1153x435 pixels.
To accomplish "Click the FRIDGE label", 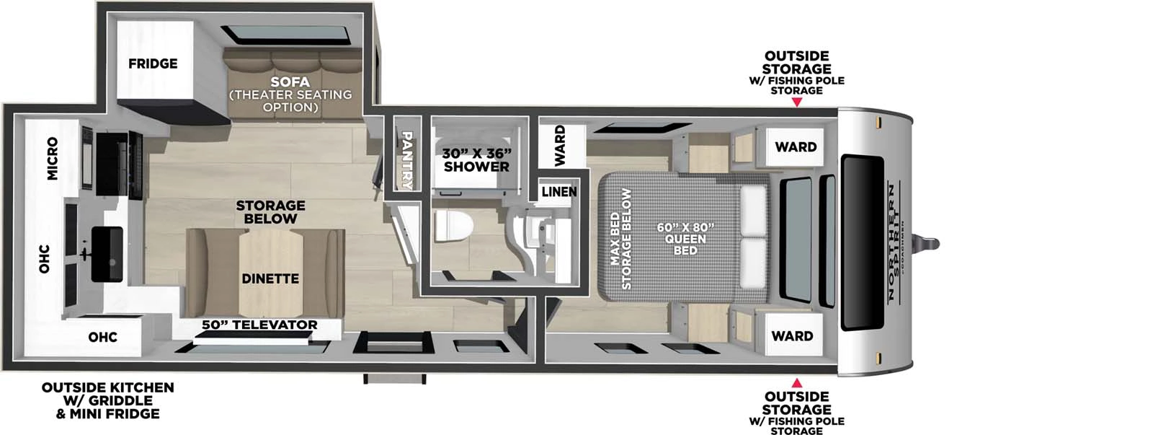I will point(153,63).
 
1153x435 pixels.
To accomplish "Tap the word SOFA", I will point(290,82).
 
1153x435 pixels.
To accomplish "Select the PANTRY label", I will point(406,159).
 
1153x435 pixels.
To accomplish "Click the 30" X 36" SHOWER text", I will point(476,160).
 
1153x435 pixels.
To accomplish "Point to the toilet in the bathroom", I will point(453,226).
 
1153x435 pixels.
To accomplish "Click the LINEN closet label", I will point(559,191).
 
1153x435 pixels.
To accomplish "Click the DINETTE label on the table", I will point(270,278).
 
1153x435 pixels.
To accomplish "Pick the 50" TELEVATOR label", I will point(259,325).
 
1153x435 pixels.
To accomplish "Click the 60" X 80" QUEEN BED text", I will point(685,239).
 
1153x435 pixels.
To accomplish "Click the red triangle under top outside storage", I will point(796,102).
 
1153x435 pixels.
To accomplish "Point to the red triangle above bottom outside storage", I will point(796,382).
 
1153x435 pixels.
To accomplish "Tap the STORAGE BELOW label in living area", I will point(270,212).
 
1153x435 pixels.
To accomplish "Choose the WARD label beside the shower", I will point(560,145).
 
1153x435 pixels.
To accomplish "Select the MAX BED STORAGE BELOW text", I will point(620,239).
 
